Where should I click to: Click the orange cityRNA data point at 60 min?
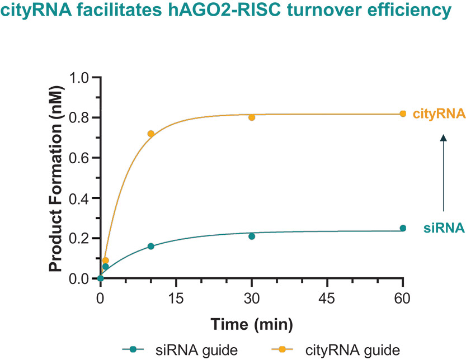tap(403, 113)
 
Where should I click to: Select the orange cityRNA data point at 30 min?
tap(252, 117)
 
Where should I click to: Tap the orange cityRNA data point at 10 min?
tap(151, 134)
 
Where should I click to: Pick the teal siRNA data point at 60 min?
tap(403, 228)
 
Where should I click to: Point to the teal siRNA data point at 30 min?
tap(252, 236)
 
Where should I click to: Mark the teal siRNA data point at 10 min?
tap(151, 246)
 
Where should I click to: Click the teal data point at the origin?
tap(101, 278)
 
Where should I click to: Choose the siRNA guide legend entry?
tap(180, 349)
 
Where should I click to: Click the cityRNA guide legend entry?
tap(336, 349)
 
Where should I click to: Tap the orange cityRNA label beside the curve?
tap(439, 115)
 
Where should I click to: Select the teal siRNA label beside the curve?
tap(444, 228)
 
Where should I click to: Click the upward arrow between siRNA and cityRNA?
tap(444, 173)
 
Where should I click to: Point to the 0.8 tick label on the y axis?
tap(79, 118)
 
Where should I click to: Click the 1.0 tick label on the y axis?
tap(79, 78)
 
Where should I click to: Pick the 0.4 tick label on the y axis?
tap(79, 198)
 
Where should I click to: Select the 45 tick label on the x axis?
tap(327, 298)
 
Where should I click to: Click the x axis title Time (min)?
tap(252, 324)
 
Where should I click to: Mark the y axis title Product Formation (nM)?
tap(56, 179)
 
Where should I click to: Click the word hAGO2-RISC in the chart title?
tap(224, 10)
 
